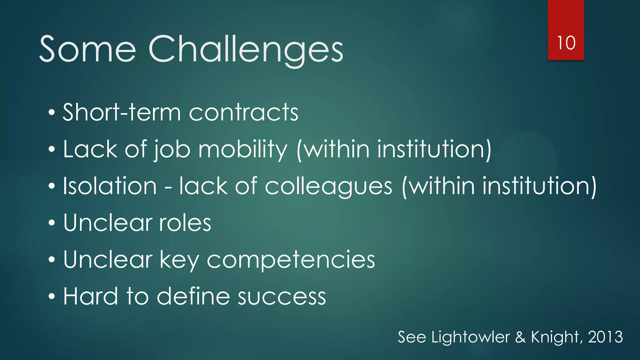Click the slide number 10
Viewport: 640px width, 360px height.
pyautogui.click(x=566, y=43)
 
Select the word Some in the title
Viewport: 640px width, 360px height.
pyautogui.click(x=88, y=49)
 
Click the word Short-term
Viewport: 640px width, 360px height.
pyautogui.click(x=122, y=112)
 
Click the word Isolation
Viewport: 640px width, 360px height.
pyautogui.click(x=110, y=186)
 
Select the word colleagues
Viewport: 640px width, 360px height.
pyautogui.click(x=328, y=187)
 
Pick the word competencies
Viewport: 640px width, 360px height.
pyautogui.click(x=291, y=260)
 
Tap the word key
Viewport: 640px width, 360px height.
pyautogui.click(x=179, y=260)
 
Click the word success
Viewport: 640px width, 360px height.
pyautogui.click(x=282, y=297)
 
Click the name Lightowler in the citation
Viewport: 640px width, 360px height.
pyautogui.click(x=471, y=337)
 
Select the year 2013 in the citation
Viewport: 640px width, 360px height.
pyautogui.click(x=605, y=337)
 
